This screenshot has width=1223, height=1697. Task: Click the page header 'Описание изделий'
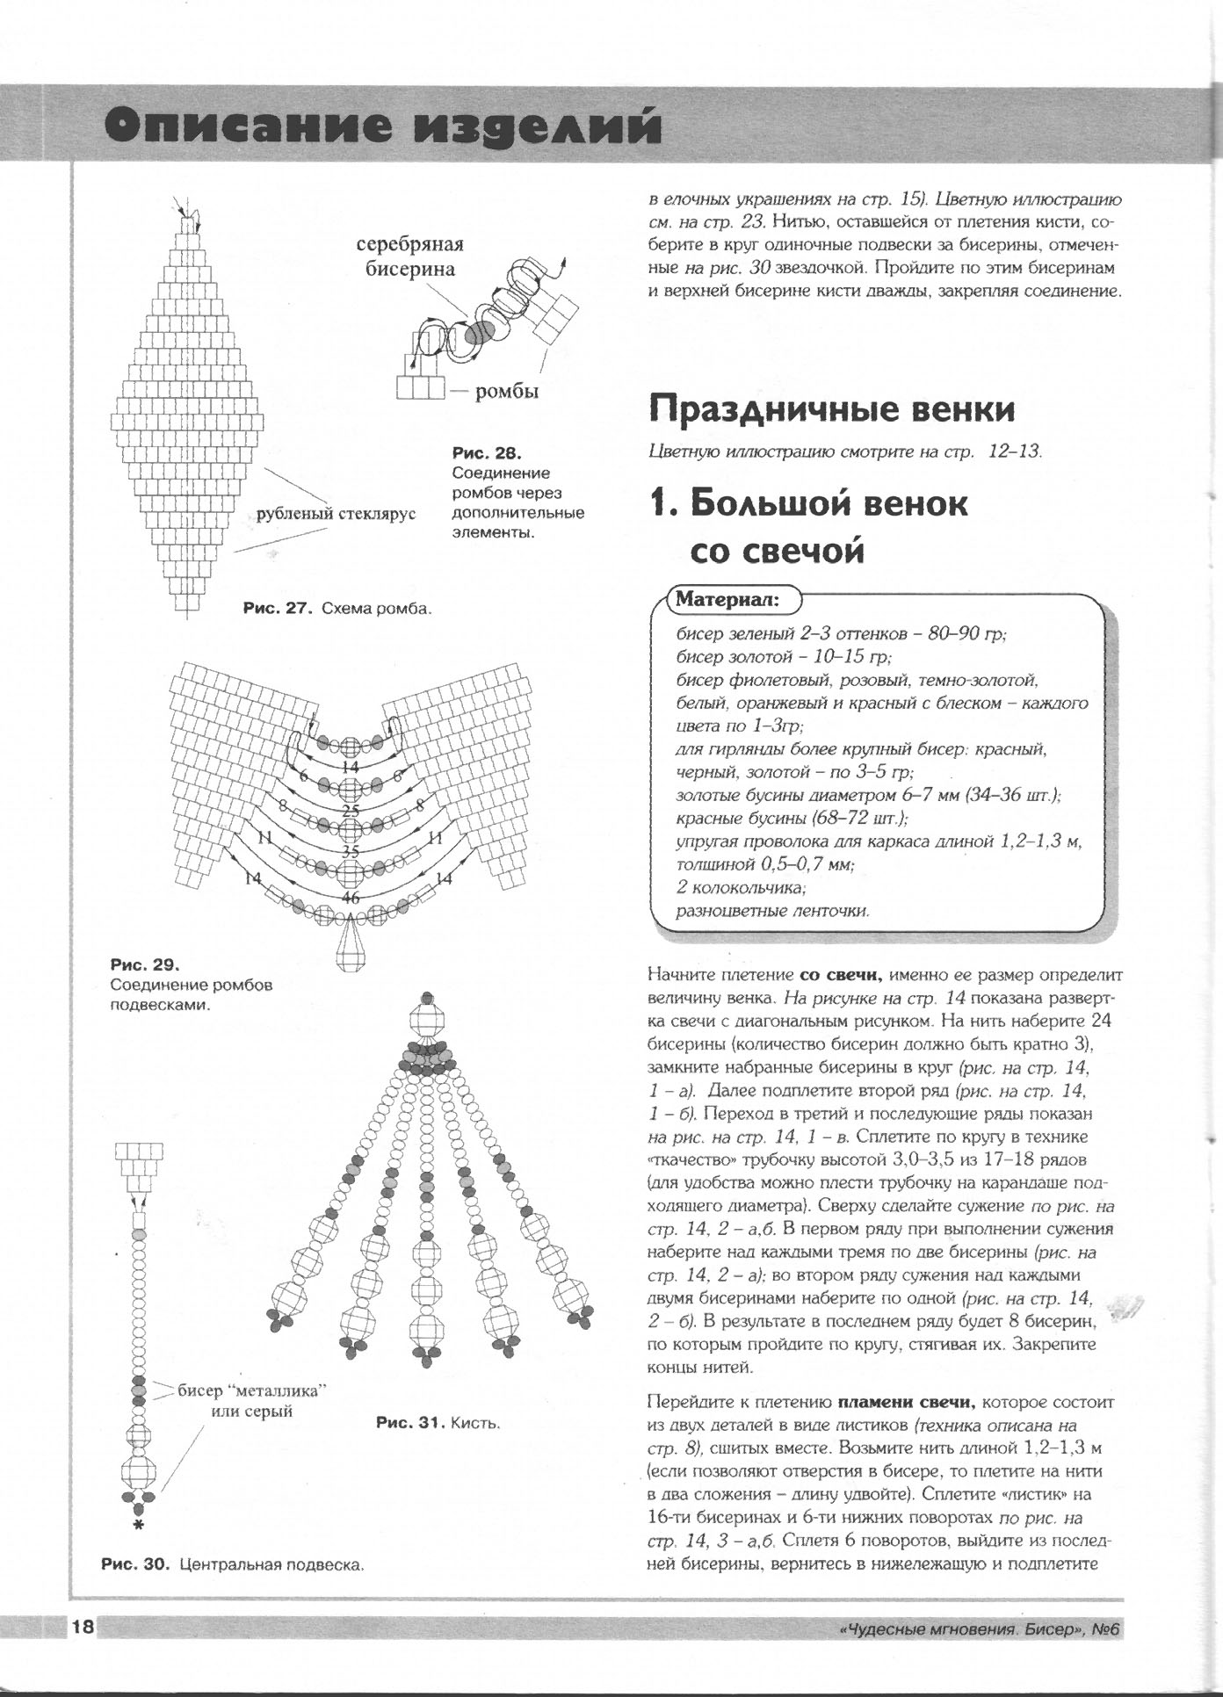point(382,127)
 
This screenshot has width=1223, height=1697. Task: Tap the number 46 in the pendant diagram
point(351,898)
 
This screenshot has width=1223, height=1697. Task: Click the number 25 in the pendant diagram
point(351,810)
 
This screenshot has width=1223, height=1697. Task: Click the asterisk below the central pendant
point(138,1526)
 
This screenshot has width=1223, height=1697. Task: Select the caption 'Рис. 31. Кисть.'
point(438,1422)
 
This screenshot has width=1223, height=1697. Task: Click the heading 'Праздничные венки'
point(831,409)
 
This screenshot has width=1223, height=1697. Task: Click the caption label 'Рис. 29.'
point(145,965)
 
